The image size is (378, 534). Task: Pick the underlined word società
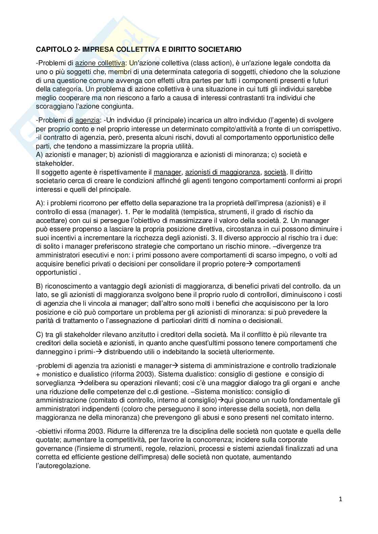coord(275,172)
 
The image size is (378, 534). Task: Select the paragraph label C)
coord(40,334)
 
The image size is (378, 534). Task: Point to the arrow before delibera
coord(80,383)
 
